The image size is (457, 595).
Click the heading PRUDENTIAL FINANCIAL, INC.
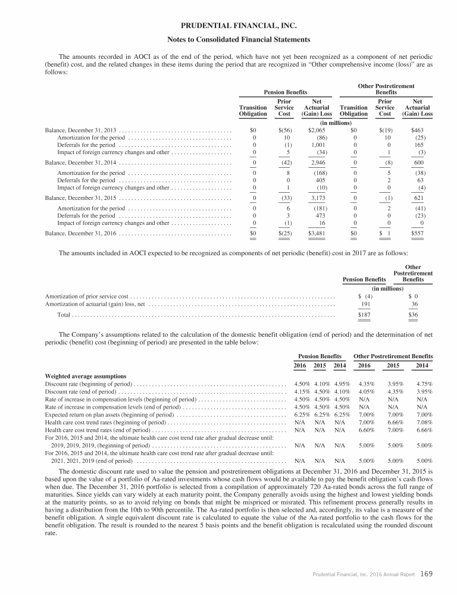click(x=228, y=26)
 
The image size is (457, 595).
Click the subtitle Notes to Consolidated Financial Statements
click(x=228, y=40)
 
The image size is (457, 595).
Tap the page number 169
click(x=426, y=574)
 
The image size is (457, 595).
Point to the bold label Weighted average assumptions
click(x=85, y=376)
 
